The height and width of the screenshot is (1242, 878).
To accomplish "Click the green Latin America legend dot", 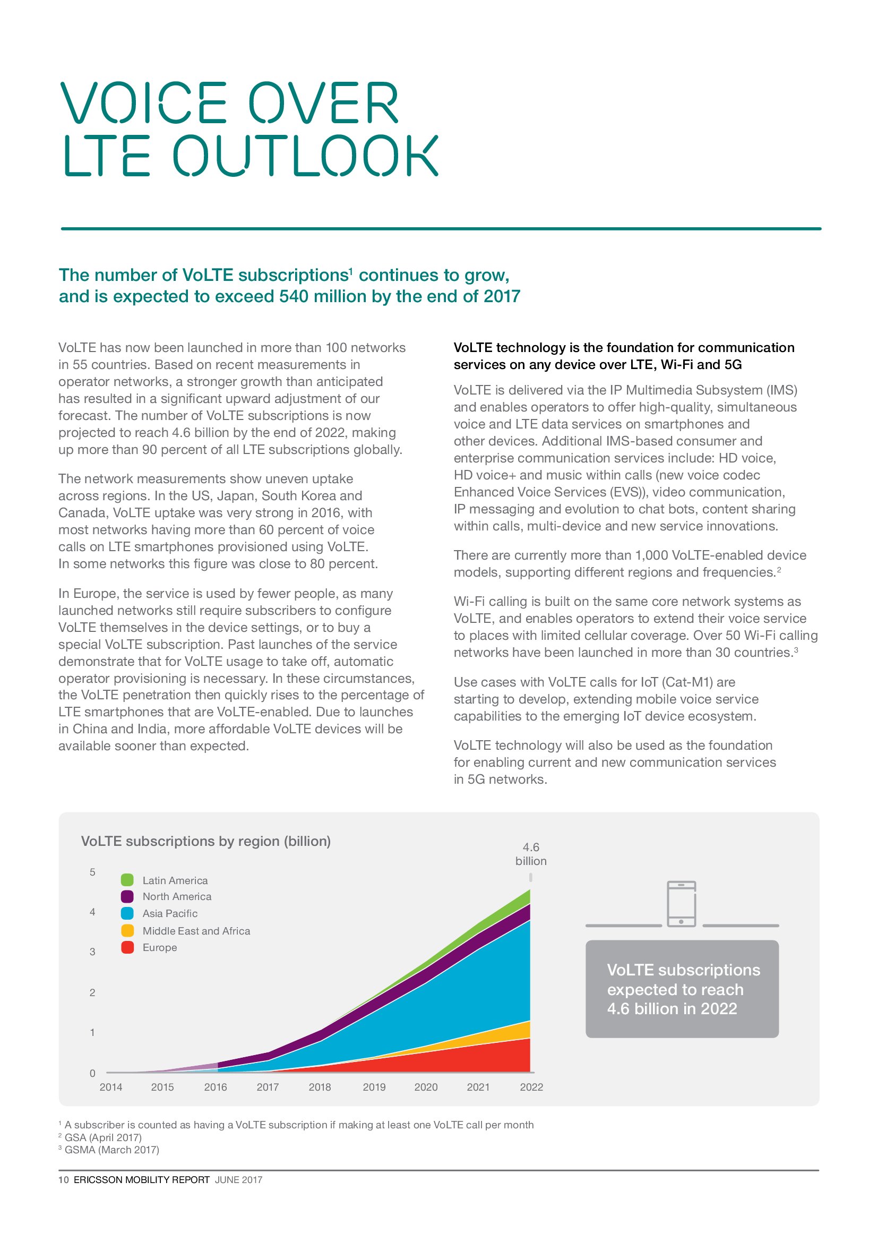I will click(x=127, y=880).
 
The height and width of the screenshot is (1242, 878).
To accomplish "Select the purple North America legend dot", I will click(x=127, y=896).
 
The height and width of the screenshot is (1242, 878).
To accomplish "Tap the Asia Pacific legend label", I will click(x=170, y=914).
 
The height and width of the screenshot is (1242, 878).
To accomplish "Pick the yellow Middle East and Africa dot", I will click(x=127, y=930).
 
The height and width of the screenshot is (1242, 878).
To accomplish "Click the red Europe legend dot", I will click(x=127, y=947).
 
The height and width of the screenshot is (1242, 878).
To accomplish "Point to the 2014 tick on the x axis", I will click(x=111, y=1087).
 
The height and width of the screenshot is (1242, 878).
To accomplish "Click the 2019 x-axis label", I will click(x=374, y=1087).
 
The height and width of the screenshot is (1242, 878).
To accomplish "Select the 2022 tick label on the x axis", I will click(x=531, y=1087).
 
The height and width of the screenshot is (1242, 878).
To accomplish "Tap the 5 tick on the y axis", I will click(x=92, y=872).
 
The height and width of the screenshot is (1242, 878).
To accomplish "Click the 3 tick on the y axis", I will click(x=92, y=952).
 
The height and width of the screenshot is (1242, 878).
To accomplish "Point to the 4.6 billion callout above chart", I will click(x=531, y=854).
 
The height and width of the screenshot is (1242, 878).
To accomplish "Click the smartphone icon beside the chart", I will click(x=681, y=904).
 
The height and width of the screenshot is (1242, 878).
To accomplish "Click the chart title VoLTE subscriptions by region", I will click(x=205, y=841).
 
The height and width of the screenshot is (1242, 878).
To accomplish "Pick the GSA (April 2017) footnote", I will click(x=103, y=1137).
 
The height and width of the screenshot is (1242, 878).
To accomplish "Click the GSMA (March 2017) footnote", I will click(x=111, y=1150).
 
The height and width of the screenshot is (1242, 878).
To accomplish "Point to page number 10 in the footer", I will click(x=63, y=1180).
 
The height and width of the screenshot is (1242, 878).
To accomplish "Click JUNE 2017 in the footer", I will click(x=238, y=1180).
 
